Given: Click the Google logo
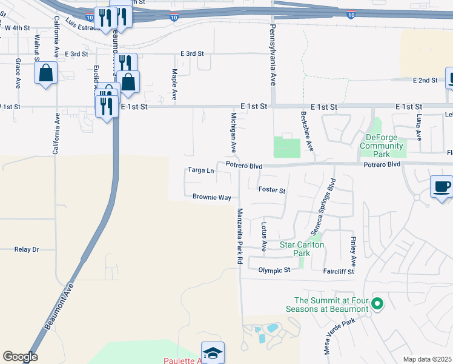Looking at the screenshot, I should coord(20,357).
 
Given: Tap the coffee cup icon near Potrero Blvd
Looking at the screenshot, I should coord(441,186).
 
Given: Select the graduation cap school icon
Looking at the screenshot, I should coord(213,352).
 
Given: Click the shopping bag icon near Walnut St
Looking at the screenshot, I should coord(46,74).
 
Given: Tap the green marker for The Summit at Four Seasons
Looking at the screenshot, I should coord(378,303).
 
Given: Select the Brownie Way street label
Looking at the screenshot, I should coord(212,197).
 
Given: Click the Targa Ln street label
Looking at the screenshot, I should coord(201,170).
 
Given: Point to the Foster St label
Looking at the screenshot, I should coord(272,190).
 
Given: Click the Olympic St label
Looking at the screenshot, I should coord(274,270).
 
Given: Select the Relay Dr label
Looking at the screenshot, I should coord(27,249).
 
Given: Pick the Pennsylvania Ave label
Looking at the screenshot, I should coord(273,55).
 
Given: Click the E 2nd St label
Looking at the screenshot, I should coord(425,80).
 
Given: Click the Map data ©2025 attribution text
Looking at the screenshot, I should coord(428,359).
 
